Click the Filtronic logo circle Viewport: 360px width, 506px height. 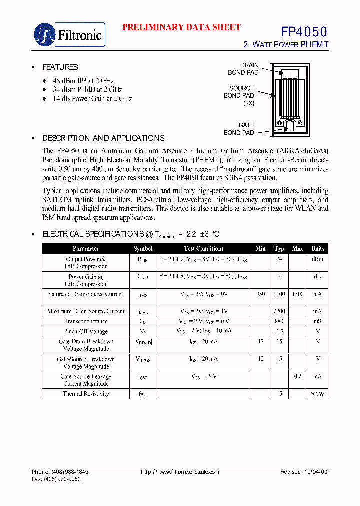(x=45, y=35)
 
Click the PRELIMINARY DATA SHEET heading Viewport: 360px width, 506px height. (x=181, y=28)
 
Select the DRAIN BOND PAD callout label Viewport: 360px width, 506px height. (x=244, y=69)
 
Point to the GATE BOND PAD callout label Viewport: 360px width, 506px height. (x=239, y=129)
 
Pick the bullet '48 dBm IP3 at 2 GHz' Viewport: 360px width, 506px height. (x=84, y=81)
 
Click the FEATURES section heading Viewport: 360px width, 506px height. (x=60, y=67)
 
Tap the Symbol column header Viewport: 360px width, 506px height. (x=143, y=249)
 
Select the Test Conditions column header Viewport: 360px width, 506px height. (x=203, y=249)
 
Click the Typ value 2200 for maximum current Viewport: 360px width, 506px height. (x=279, y=311)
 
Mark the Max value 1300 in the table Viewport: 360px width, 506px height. (x=298, y=294)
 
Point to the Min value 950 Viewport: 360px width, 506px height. (x=260, y=294)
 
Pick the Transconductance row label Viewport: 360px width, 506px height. (x=86, y=321)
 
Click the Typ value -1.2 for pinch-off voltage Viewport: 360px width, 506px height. (x=279, y=331)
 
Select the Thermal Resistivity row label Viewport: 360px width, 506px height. (x=86, y=394)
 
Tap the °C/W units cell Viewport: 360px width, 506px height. (x=317, y=394)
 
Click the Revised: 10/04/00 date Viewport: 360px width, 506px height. (x=304, y=472)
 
